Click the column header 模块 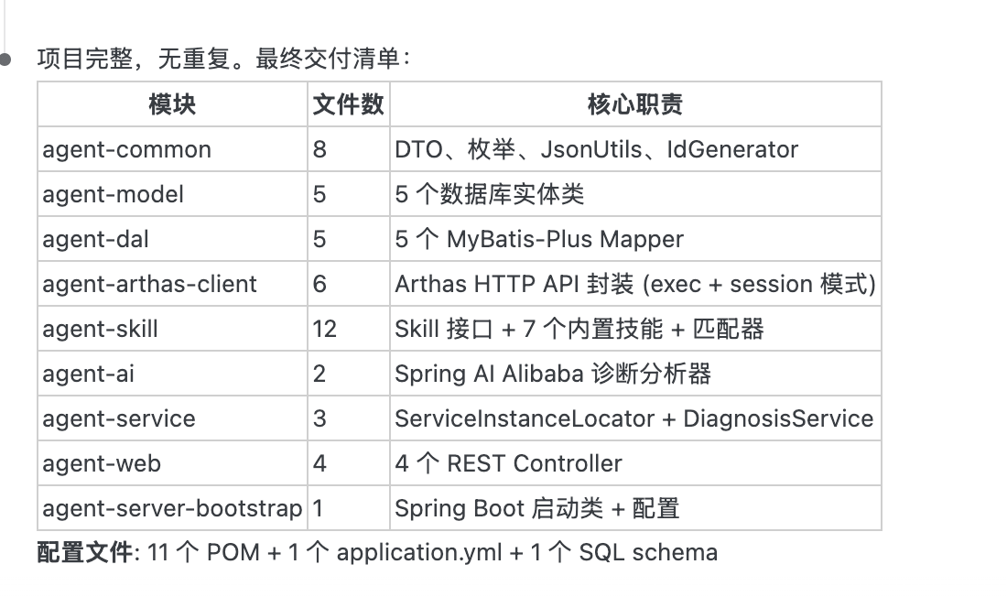coord(172,104)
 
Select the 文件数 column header coord(348,104)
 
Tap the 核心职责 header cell coord(634,104)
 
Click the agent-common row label coord(126,149)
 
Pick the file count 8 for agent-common coord(319,149)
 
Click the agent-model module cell coord(113,194)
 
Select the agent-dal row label coord(95,239)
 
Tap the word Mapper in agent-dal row coord(641,239)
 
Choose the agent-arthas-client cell coord(149,284)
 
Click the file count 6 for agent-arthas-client coord(319,284)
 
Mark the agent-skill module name coord(100,329)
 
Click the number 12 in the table coord(324,329)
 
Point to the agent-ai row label coord(88,374)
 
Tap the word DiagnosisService coord(778,418)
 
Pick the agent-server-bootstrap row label coord(172,508)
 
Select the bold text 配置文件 coord(85,552)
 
